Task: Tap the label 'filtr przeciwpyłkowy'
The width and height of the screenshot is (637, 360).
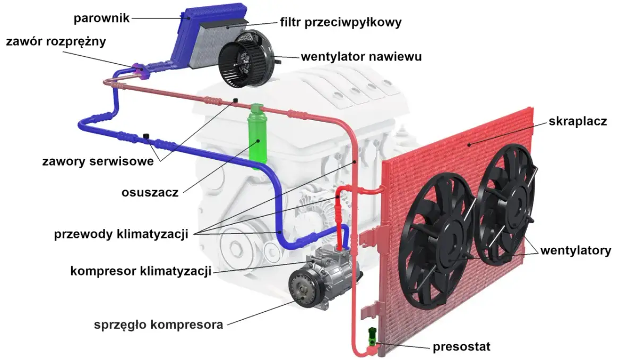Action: point(340,23)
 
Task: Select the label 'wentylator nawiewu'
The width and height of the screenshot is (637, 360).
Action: point(361,56)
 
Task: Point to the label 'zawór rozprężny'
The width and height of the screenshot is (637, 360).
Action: point(56,42)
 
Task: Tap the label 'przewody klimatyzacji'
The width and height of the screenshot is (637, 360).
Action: point(121,234)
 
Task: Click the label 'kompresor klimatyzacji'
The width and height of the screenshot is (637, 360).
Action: point(141,271)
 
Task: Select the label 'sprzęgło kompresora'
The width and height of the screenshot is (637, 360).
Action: point(158,324)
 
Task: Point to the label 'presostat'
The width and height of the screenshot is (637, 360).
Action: point(461,347)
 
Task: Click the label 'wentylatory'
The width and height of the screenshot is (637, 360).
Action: point(575,250)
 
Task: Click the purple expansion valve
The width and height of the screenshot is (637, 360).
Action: point(137,69)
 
